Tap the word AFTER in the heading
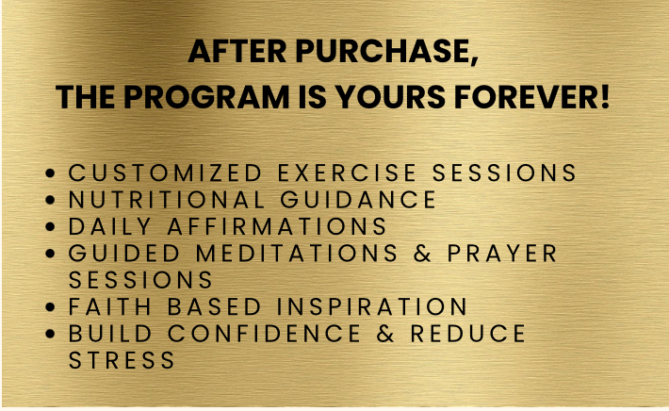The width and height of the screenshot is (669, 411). point(237,51)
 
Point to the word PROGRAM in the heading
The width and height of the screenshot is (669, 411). point(206,97)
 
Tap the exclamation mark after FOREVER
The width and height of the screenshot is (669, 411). point(606,97)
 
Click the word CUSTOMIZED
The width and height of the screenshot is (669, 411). point(165,173)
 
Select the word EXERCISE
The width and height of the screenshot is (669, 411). point(347,173)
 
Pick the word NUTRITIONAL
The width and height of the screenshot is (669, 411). point(167,200)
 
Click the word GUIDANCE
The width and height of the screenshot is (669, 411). point(358,200)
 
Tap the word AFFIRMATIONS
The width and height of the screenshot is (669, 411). point(277,226)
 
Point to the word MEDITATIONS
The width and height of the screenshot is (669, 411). point(297,253)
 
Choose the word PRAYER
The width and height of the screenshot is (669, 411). point(502,253)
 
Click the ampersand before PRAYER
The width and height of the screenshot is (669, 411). point(422,254)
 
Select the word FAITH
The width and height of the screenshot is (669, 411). point(110,306)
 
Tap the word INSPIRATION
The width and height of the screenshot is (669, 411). point(372,306)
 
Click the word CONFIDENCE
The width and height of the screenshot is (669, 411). point(264,334)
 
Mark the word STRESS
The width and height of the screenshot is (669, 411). point(122,360)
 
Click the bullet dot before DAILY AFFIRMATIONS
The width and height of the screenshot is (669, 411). point(50,226)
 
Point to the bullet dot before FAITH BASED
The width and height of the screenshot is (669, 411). point(50,307)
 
